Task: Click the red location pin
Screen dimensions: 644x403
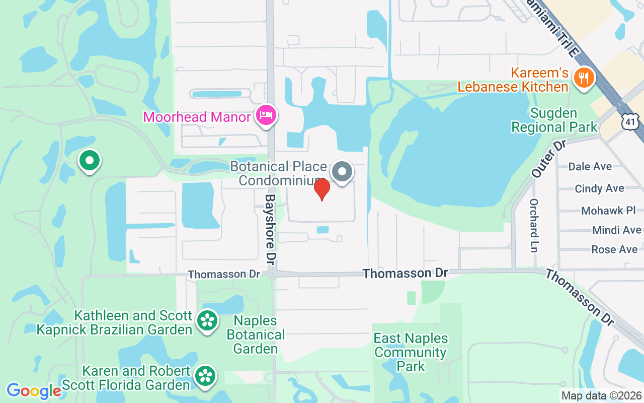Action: [x=322, y=189]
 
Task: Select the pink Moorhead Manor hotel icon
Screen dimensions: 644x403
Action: [x=266, y=116]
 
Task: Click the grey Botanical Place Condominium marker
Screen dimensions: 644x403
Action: [x=342, y=172]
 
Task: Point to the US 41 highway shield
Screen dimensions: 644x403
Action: [x=630, y=121]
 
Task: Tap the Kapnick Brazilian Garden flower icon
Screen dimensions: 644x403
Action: [x=207, y=320]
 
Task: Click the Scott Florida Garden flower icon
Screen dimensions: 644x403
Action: [x=205, y=376]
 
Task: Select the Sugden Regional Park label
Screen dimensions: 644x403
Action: [x=554, y=120]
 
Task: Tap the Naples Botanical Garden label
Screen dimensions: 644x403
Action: [x=256, y=334]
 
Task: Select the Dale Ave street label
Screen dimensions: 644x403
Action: [x=590, y=166]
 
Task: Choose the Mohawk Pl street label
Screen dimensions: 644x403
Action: [x=608, y=211]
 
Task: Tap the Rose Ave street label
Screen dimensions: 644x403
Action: [x=614, y=249]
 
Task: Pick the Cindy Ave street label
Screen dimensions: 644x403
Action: [x=599, y=188]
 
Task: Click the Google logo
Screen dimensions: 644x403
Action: [x=33, y=391]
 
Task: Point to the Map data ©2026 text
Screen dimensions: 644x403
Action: [x=601, y=396]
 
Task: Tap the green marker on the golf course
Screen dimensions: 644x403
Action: [x=90, y=161]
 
